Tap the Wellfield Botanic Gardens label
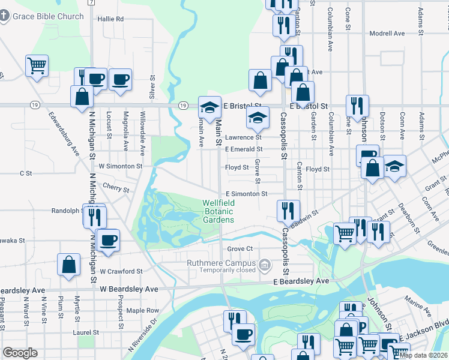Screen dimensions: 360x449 coord(218,212)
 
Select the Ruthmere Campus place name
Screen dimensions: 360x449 coord(226,262)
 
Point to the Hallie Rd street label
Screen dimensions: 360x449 coord(111,19)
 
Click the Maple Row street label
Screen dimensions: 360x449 coord(142,310)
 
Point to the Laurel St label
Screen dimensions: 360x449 coord(86,332)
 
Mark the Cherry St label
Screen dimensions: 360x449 coord(115,188)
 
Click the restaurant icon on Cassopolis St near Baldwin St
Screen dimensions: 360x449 coord(288,211)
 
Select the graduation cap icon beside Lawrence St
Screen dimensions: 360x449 coord(258,118)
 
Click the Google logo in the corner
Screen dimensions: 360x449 coord(20,353)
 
